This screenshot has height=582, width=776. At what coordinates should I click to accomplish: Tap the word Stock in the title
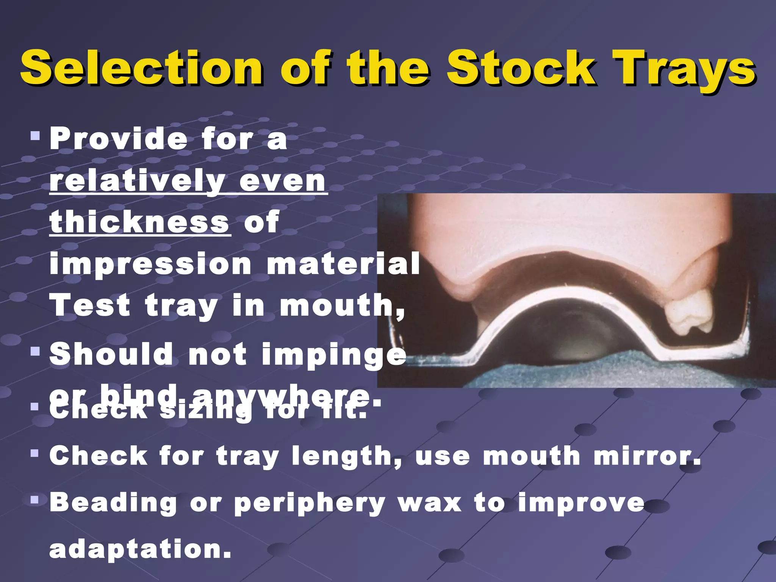[x=521, y=68]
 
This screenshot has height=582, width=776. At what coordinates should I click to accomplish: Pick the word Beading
[x=113, y=503]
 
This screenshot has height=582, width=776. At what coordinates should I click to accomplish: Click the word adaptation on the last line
[x=140, y=550]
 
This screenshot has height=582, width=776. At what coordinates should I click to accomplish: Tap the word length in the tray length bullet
[x=346, y=457]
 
